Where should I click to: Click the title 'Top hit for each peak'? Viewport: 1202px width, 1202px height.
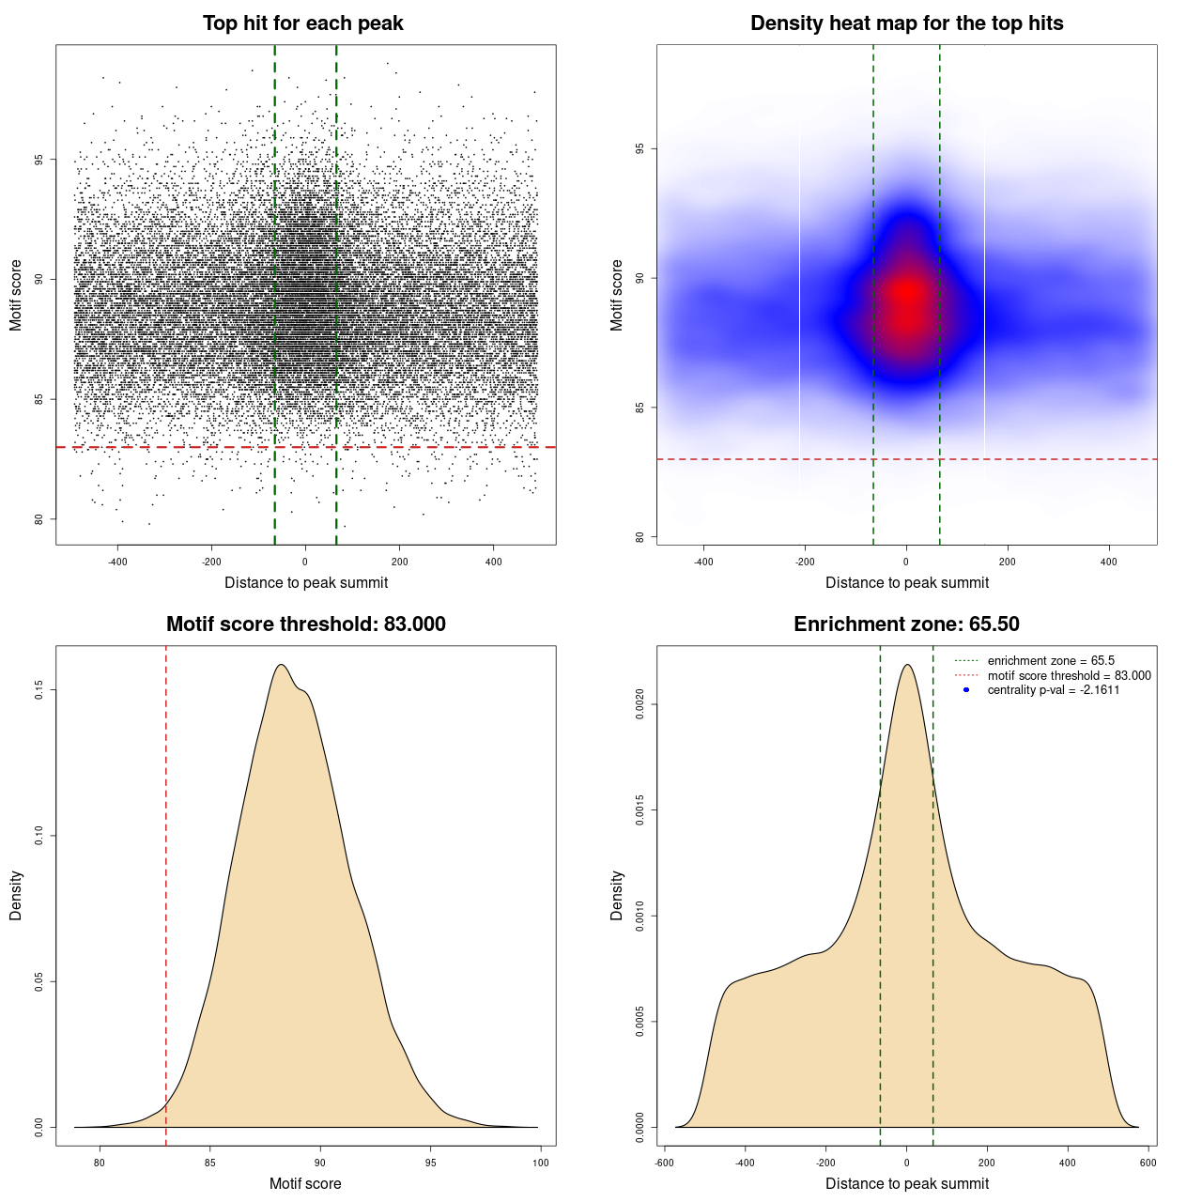coord(302,23)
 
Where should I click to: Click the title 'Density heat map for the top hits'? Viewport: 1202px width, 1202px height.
coord(906,23)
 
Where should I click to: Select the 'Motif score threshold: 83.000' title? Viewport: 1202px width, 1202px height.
coord(305,624)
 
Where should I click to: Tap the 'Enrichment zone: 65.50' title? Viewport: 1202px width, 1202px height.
coord(906,624)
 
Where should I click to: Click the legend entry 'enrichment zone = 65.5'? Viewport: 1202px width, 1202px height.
coord(1051,661)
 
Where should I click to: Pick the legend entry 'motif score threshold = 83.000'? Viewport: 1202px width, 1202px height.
coord(1069,675)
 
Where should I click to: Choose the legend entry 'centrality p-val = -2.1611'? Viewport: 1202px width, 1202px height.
coord(1053,690)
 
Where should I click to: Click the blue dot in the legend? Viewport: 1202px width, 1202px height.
coord(966,690)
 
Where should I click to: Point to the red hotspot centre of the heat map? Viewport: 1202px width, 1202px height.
coord(907,293)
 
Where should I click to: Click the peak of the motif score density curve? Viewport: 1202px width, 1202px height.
coord(280,665)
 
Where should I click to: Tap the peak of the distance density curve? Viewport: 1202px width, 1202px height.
coord(907,665)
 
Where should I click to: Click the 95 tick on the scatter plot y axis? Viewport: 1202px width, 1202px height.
coord(39,160)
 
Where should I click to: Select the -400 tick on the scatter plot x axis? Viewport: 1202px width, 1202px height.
coord(117,562)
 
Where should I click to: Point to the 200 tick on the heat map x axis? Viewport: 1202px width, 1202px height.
coord(1008,562)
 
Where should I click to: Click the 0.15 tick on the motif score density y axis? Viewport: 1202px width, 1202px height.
coord(39,690)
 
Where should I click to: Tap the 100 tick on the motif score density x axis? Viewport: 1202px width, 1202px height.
coord(541,1163)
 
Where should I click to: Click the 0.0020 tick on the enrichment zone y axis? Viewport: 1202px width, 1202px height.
coord(640,704)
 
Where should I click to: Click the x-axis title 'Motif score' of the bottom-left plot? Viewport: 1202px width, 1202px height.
coord(305,1183)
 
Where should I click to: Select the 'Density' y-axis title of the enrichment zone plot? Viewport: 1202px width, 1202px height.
coord(617,895)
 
